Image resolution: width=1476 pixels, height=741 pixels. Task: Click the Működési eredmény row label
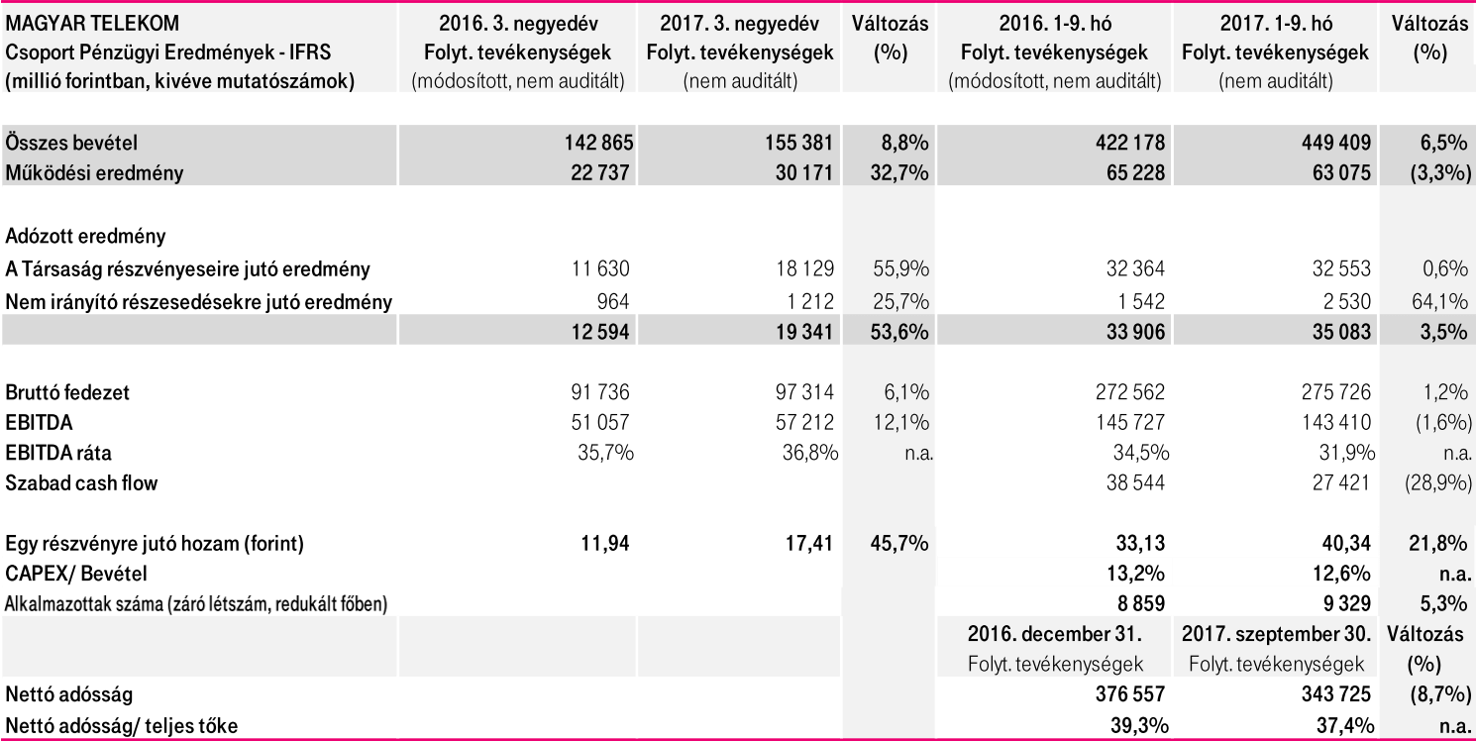point(94,172)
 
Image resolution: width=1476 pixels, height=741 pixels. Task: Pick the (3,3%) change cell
point(1427,172)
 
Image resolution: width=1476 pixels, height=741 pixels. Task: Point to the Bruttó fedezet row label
point(67,392)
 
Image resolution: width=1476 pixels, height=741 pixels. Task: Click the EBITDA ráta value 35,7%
point(604,453)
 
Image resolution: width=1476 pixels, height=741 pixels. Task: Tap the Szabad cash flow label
point(81,482)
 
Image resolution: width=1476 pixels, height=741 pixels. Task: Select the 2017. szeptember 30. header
point(1276,634)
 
